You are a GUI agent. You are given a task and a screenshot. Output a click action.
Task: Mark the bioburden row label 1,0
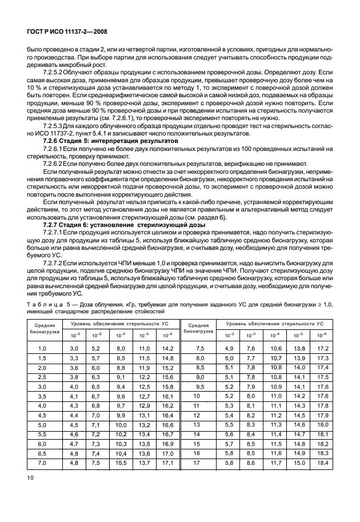click(x=42, y=348)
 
